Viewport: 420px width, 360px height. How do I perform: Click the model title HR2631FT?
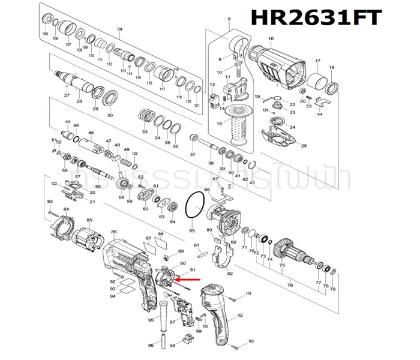click(316, 17)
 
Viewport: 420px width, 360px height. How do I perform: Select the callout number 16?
click(271, 39)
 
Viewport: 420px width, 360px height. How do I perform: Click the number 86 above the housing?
click(113, 232)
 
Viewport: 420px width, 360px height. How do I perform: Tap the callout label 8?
click(229, 20)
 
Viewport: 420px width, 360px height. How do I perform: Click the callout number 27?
click(67, 95)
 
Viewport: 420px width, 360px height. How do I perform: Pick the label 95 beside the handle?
click(151, 320)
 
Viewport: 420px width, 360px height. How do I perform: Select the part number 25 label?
click(304, 146)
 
